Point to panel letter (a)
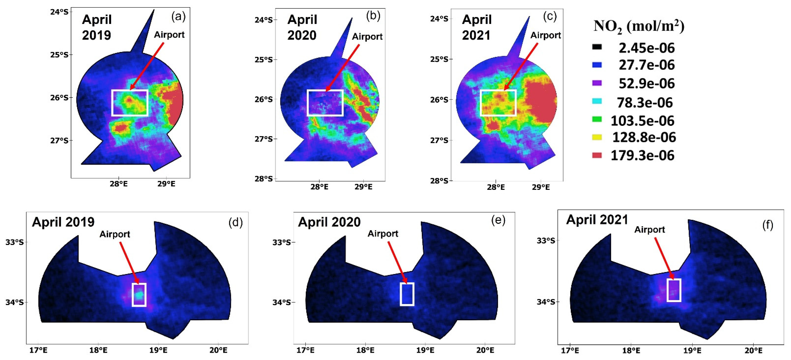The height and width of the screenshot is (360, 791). pyautogui.click(x=178, y=16)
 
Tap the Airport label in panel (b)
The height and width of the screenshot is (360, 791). pyautogui.click(x=367, y=37)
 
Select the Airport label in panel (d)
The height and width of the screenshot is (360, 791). pyautogui.click(x=115, y=234)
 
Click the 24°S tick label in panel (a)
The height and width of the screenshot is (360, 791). pyautogui.click(x=59, y=12)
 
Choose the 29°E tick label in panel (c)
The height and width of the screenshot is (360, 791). pyautogui.click(x=541, y=187)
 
